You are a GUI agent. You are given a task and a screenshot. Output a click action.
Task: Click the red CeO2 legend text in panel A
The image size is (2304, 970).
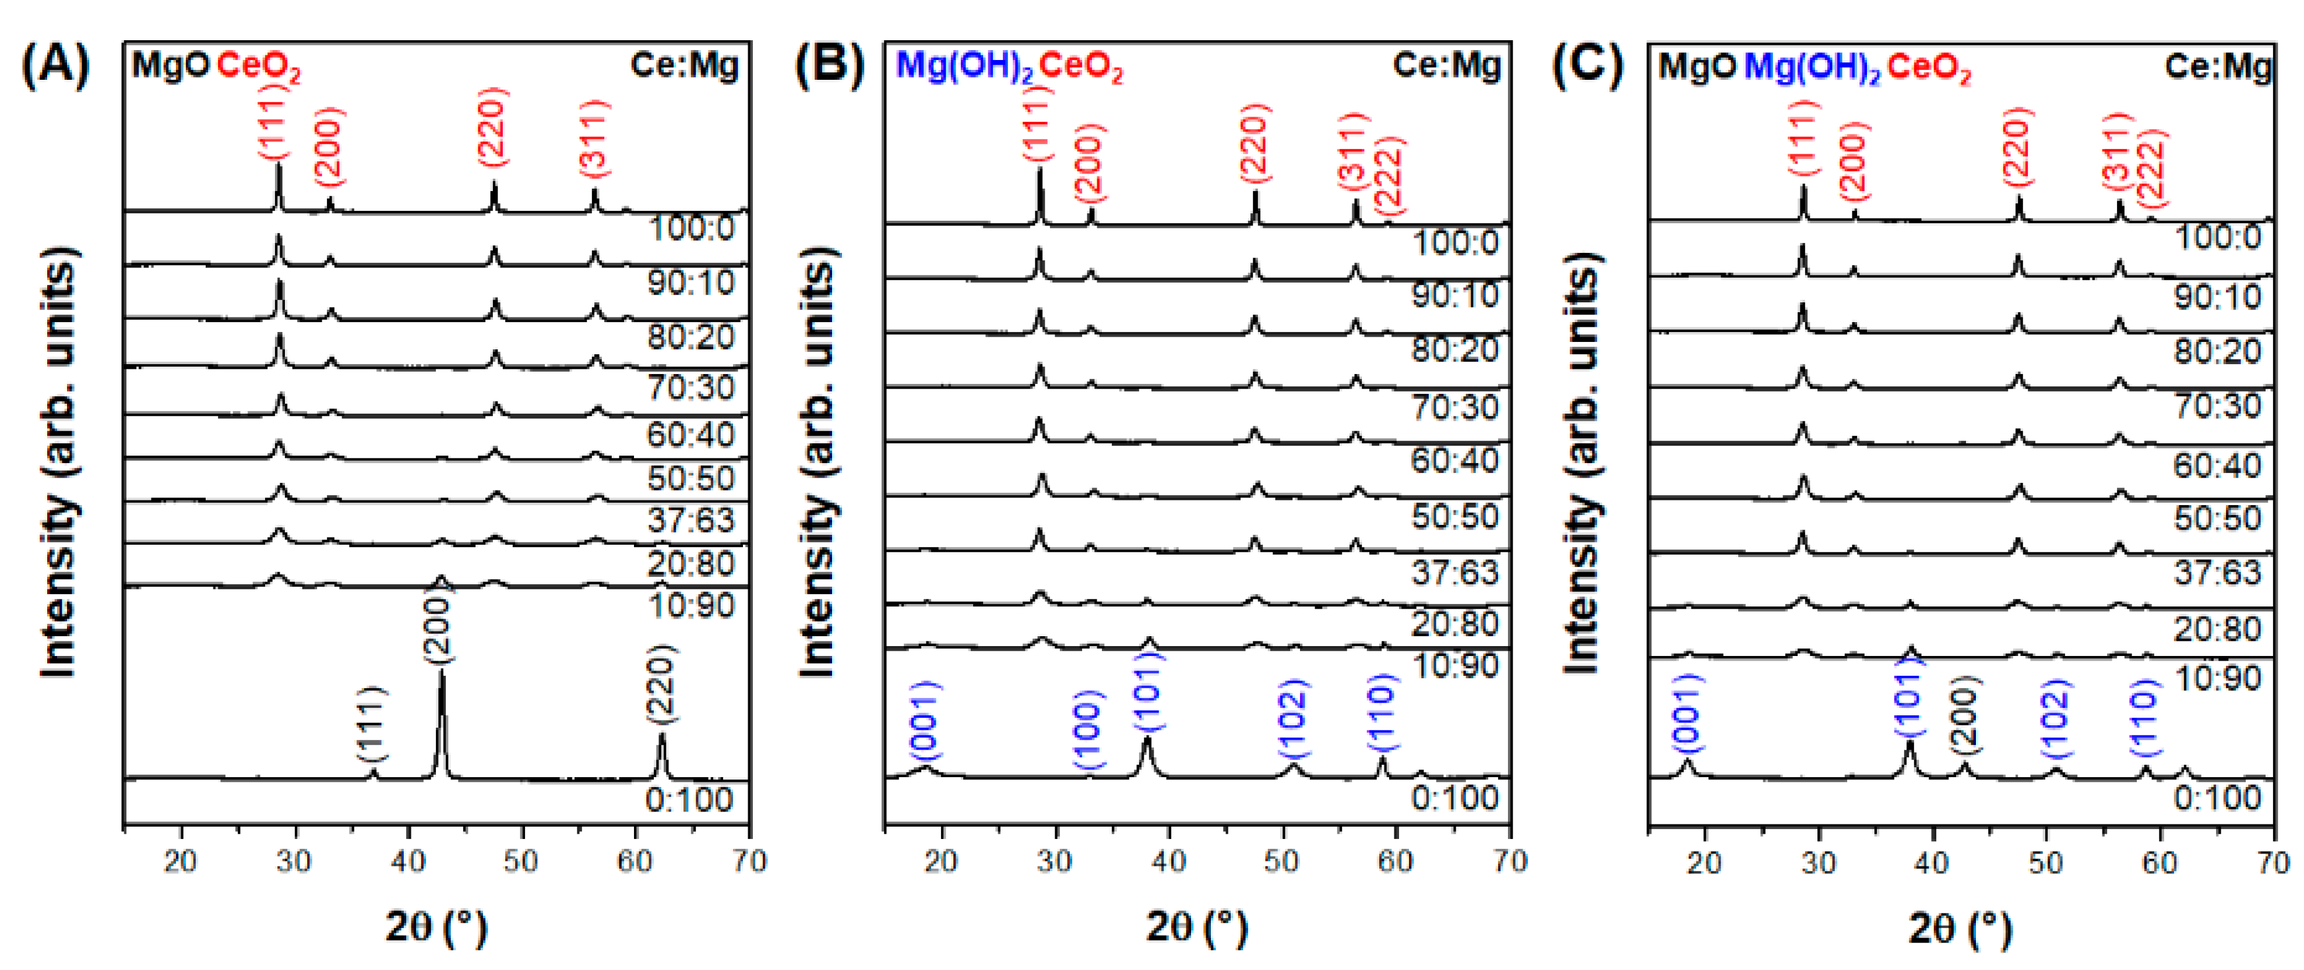point(259,66)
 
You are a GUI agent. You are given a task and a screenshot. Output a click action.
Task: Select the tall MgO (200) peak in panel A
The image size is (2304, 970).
point(442,715)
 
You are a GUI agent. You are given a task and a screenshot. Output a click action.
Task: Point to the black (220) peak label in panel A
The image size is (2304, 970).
point(662,684)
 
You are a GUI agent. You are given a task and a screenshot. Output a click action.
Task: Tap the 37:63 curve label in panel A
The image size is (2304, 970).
point(691,520)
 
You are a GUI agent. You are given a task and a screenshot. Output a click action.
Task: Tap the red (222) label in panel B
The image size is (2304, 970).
point(1389,175)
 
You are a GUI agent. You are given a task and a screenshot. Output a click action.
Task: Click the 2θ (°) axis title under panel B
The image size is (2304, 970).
point(1196,927)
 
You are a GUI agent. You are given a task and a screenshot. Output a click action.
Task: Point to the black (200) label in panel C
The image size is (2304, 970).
point(1965,715)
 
